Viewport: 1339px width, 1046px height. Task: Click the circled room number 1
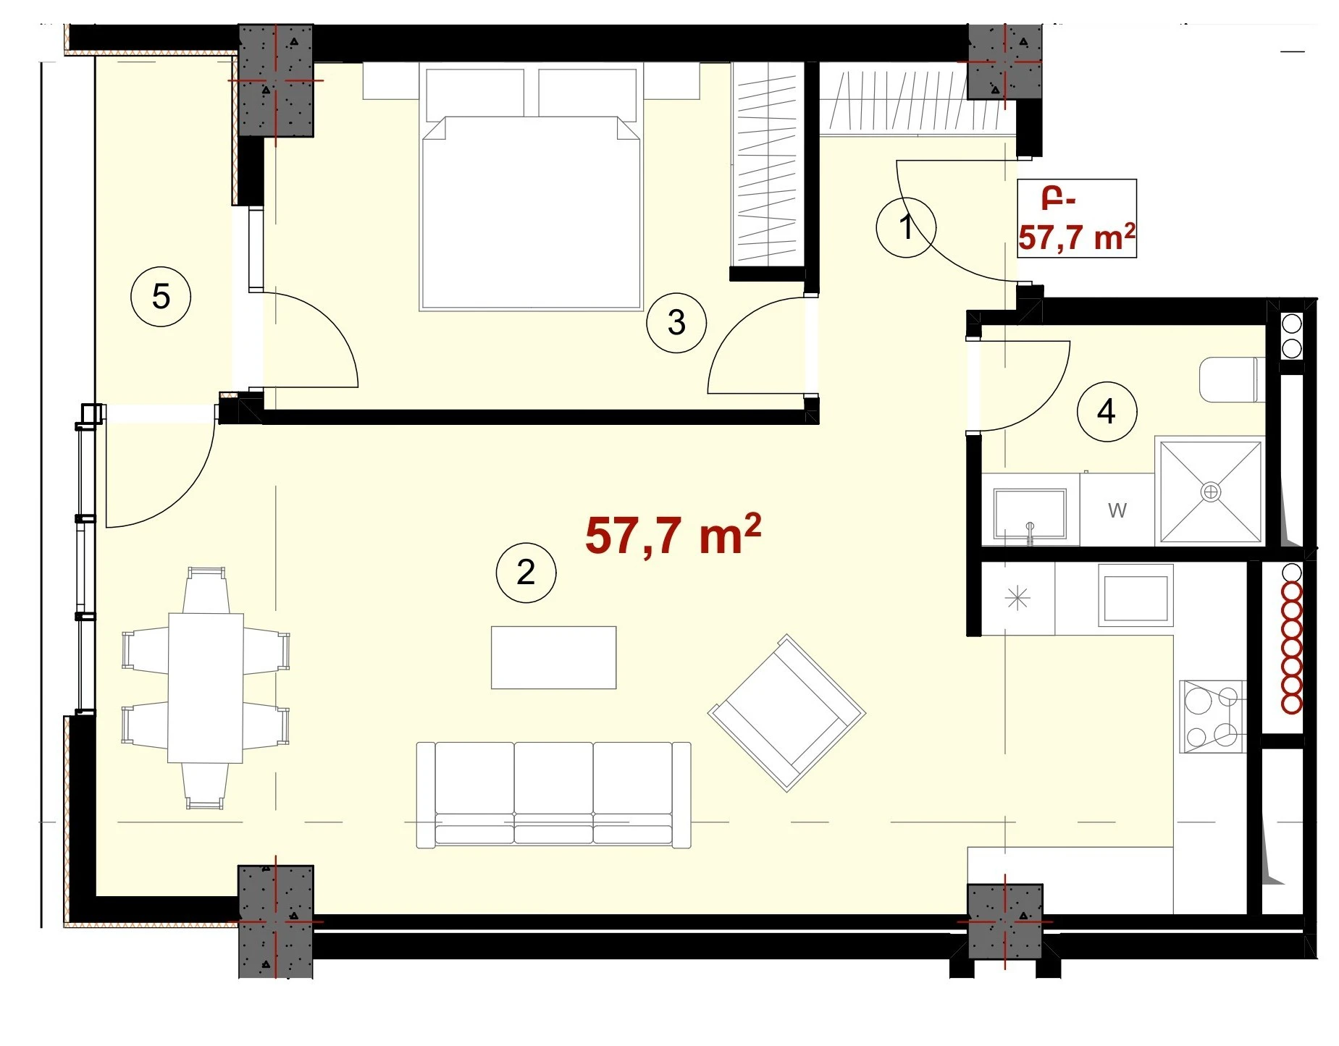point(905,227)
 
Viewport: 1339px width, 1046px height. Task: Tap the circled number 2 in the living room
point(526,572)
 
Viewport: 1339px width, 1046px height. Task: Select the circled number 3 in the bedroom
point(676,322)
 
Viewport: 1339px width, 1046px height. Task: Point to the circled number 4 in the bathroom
point(1106,411)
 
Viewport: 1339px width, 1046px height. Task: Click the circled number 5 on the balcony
point(161,296)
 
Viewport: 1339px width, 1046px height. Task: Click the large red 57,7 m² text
point(673,535)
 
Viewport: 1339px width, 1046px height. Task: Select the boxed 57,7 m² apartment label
point(1077,218)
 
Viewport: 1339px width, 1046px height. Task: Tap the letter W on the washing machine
point(1117,510)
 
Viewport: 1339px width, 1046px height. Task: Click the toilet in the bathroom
point(1232,379)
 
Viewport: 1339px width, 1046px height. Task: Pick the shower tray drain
point(1210,492)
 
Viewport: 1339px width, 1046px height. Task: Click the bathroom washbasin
point(1030,514)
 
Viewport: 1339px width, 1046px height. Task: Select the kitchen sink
point(1135,595)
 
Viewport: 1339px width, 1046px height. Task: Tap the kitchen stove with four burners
point(1212,717)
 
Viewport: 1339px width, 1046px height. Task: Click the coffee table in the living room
point(553,657)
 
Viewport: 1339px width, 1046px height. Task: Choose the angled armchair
point(786,713)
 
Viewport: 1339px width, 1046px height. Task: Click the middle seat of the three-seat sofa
point(554,793)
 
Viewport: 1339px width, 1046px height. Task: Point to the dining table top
point(206,688)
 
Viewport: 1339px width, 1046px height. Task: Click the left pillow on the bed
point(475,92)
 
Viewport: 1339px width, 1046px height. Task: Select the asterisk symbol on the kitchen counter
point(1017,598)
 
